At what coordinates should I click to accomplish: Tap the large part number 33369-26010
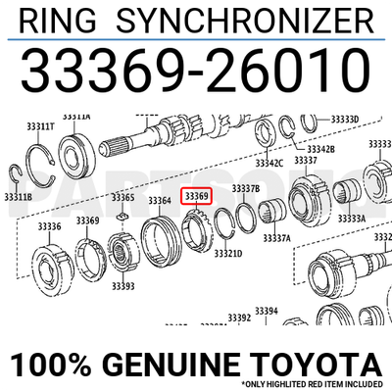[x=196, y=69]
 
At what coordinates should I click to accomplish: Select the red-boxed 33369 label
[x=197, y=197]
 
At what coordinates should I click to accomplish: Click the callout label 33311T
[x=40, y=126]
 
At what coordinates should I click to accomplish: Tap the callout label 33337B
[x=245, y=187]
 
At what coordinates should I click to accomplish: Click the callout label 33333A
[x=352, y=218]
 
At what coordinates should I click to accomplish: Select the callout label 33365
[x=122, y=197]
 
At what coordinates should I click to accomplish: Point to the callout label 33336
[x=49, y=227]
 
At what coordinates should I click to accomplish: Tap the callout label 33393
[x=122, y=286]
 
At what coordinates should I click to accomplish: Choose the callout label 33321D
[x=228, y=253]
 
